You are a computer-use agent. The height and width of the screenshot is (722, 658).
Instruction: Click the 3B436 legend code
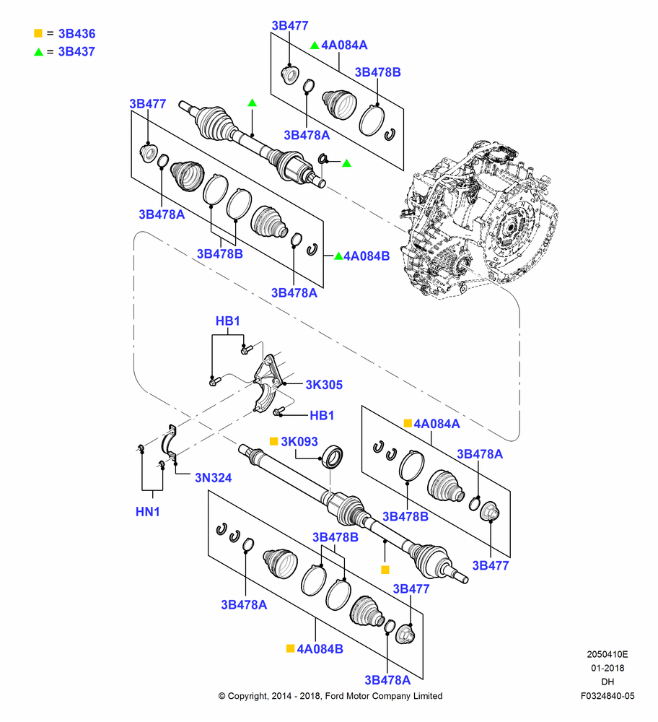[77, 34]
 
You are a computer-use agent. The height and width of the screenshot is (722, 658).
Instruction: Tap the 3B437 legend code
[76, 51]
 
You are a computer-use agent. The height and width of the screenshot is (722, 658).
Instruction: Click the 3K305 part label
[324, 385]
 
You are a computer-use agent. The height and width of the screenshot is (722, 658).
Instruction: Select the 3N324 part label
[213, 478]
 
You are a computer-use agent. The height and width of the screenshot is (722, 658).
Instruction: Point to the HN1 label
[147, 512]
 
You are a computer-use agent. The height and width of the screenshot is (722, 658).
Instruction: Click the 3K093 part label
[299, 442]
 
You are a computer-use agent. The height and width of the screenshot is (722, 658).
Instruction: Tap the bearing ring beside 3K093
[333, 457]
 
